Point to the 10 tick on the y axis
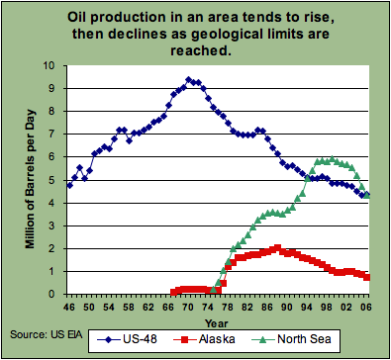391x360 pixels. [51, 66]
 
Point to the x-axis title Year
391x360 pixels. [217, 320]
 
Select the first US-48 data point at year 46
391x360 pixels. [69, 185]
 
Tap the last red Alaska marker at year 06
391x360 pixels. [367, 277]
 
